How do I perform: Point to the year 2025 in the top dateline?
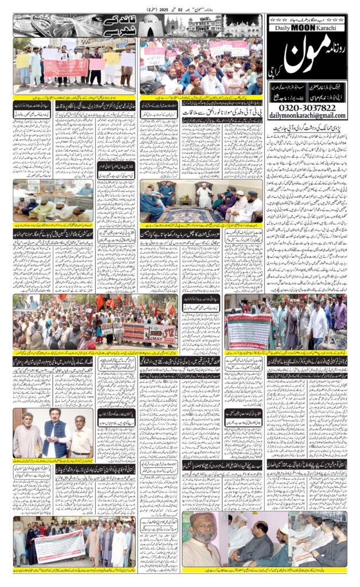pyautogui.click(x=162, y=10)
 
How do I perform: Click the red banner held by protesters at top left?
pyautogui.click(x=66, y=68)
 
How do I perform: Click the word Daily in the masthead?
pyautogui.click(x=283, y=28)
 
